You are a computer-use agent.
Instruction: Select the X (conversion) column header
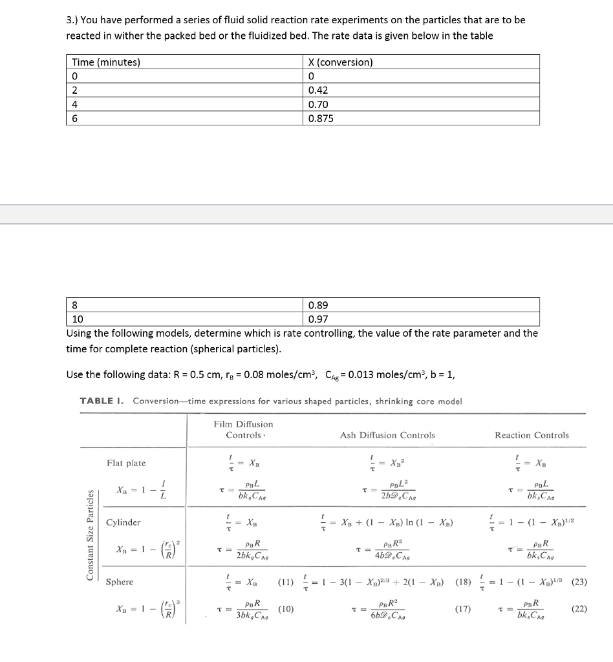pyautogui.click(x=341, y=63)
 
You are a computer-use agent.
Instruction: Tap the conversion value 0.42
pyautogui.click(x=319, y=91)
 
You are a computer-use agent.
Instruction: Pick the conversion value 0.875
pyautogui.click(x=322, y=118)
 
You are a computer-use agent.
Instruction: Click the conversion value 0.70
pyautogui.click(x=319, y=105)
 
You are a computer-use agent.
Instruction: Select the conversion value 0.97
pyautogui.click(x=319, y=319)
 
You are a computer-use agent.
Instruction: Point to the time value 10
pyautogui.click(x=78, y=319)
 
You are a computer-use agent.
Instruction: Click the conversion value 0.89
pyautogui.click(x=319, y=305)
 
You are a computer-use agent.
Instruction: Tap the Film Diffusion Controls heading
pyautogui.click(x=243, y=429)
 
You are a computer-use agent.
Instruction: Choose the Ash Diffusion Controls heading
pyautogui.click(x=387, y=435)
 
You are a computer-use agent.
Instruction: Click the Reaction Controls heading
pyautogui.click(x=532, y=435)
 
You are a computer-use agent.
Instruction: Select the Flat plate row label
pyautogui.click(x=126, y=463)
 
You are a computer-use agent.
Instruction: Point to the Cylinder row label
pyautogui.click(x=124, y=522)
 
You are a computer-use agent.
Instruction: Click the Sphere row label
pyautogui.click(x=120, y=582)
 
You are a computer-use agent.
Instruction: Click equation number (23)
pyautogui.click(x=579, y=582)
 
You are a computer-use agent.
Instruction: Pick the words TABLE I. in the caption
pyautogui.click(x=103, y=401)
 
